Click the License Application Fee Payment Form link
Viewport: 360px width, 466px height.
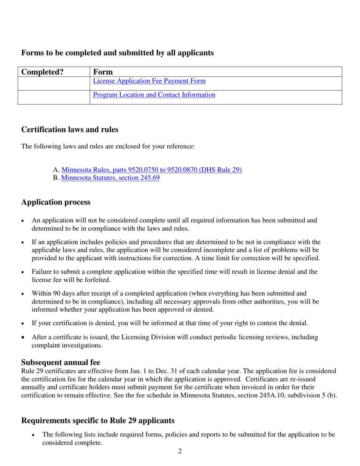[149, 81]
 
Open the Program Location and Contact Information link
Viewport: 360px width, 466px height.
[154, 95]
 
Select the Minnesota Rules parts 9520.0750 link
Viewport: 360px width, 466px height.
[151, 170]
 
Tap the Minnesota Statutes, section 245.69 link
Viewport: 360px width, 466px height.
[110, 178]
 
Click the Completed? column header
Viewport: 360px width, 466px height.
[42, 72]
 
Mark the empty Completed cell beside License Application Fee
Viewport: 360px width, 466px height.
[54, 83]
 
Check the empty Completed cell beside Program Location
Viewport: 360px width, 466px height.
[54, 97]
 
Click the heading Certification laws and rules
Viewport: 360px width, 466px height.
[70, 130]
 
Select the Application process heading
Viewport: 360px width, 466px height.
[56, 202]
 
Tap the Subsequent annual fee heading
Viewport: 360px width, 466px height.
[61, 362]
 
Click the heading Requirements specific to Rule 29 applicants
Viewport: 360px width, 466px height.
[98, 421]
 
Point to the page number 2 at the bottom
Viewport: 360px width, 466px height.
[180, 451]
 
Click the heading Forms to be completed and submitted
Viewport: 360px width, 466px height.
[117, 53]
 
